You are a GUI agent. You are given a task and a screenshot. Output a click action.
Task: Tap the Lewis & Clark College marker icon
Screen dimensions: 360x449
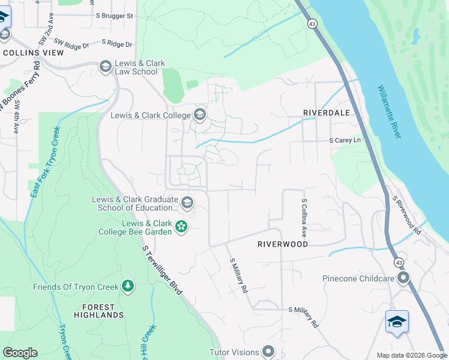point(199,115)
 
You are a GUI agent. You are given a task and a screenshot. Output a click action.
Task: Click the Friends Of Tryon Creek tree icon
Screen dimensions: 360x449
point(127,286)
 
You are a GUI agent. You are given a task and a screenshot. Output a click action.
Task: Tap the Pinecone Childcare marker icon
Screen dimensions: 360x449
point(403,278)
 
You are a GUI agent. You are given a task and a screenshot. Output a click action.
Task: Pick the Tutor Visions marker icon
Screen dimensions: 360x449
point(268,352)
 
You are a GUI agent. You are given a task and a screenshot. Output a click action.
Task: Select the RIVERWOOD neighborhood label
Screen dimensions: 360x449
point(283,244)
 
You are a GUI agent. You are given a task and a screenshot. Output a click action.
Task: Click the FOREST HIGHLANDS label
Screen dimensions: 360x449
point(98,310)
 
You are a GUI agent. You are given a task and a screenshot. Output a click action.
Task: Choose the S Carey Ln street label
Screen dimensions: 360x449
point(348,140)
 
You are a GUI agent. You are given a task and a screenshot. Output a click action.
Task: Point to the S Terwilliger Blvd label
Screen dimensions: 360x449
point(162,269)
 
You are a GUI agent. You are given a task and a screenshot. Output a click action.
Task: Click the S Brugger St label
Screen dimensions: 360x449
point(113,16)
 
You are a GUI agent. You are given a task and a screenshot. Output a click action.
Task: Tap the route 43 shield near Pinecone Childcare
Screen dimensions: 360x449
point(398,262)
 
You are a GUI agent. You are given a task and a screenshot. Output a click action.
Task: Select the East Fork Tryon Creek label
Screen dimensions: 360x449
point(46,161)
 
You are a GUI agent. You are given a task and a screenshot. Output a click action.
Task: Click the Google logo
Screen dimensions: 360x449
point(20,353)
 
